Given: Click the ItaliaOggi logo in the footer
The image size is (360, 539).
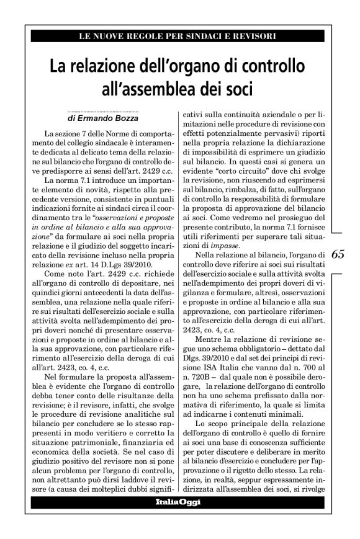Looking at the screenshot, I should tap(178, 502).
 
